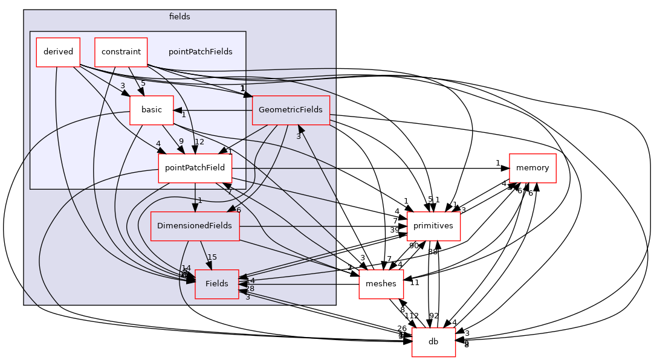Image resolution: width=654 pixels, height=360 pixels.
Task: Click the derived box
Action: (x=58, y=52)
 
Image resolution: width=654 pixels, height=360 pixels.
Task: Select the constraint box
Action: (x=121, y=52)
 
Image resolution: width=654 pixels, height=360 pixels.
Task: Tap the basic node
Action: (x=151, y=110)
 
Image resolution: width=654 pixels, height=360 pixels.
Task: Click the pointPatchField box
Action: (x=195, y=168)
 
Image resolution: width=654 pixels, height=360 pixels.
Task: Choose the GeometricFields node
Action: (x=290, y=110)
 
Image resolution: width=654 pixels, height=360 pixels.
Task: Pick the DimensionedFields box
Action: (x=195, y=226)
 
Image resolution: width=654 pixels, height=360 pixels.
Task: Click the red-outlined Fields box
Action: (x=216, y=284)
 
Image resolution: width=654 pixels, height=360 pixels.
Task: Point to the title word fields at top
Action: (x=180, y=17)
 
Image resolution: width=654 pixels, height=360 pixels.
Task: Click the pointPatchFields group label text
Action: (x=200, y=52)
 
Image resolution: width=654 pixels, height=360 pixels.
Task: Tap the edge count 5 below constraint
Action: (x=143, y=83)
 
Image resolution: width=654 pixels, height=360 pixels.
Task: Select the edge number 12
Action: (x=199, y=142)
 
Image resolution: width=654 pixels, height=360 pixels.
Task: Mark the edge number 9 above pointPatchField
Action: (x=181, y=142)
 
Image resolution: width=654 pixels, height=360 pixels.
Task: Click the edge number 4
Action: (x=158, y=144)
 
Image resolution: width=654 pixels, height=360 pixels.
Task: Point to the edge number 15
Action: (x=212, y=257)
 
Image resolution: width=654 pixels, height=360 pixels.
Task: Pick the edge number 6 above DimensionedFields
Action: (x=238, y=210)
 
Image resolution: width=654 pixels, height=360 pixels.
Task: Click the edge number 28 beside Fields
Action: (x=250, y=289)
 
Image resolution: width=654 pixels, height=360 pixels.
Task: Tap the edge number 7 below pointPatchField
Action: (x=230, y=191)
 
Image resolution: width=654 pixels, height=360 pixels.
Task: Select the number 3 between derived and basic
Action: (x=123, y=86)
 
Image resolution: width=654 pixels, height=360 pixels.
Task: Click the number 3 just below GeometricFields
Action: (x=298, y=137)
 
